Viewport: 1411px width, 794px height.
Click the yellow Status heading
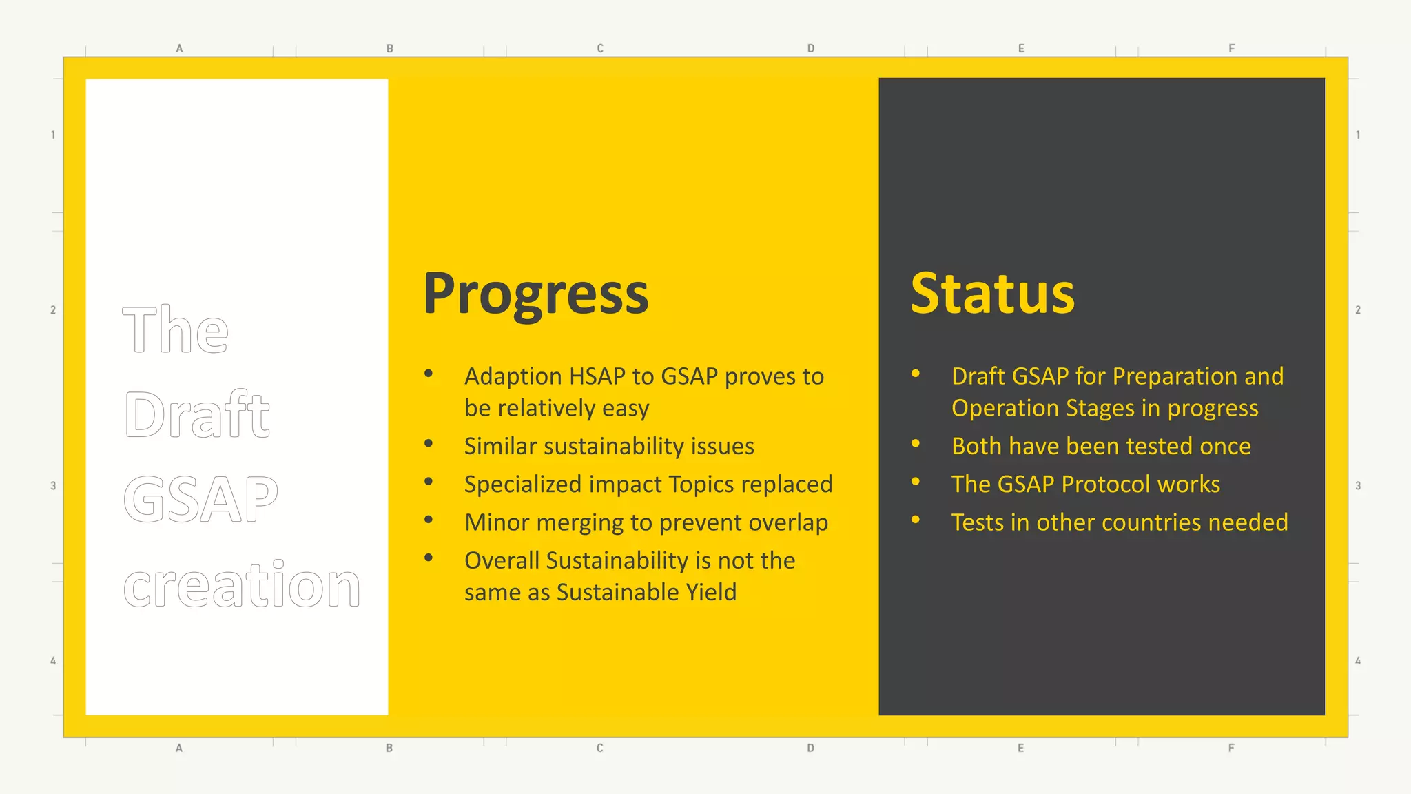992,294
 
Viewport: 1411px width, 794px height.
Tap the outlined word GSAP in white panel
200,499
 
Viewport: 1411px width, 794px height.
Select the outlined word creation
242,585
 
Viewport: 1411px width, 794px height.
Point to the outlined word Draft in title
197,415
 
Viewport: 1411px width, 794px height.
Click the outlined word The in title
176,330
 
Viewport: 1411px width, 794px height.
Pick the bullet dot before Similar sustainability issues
429,444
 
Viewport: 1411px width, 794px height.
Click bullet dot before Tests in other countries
916,520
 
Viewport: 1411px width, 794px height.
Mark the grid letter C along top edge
600,48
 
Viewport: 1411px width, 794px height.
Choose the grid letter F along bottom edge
1231,748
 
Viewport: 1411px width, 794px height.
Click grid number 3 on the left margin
53,486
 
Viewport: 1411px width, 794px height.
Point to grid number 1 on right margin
1358,135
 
